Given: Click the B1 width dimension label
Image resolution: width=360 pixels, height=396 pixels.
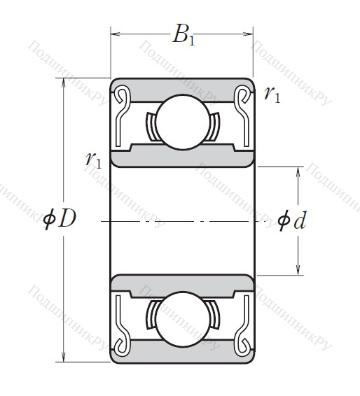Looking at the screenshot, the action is coord(184,35).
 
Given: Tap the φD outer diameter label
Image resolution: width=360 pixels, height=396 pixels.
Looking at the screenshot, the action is coord(60,219).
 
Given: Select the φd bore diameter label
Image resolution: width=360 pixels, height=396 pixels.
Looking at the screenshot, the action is coord(292,220).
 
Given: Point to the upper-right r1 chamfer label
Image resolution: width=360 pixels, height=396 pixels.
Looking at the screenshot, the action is coord(272,94).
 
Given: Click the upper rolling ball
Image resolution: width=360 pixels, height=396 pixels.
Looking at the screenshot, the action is coord(183,122).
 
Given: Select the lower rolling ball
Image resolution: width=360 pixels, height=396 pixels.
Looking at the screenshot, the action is coord(183,319).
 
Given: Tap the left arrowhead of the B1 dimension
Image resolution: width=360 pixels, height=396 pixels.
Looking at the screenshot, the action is coord(116,34).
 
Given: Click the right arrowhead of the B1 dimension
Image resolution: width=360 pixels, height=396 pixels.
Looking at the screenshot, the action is coord(248,34).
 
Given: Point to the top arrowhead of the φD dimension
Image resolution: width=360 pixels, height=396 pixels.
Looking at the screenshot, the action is coord(64,83).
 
